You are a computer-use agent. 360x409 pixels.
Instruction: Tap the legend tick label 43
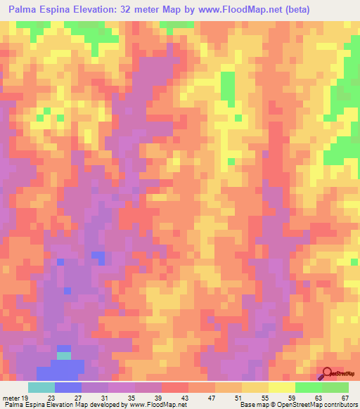coord(184,397)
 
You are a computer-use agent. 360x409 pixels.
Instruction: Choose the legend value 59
coord(291,397)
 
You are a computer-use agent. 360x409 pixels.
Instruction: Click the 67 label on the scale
coord(345,397)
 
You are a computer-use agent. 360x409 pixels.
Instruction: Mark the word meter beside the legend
coord(11,397)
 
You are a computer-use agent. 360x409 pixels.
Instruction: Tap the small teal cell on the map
coord(64,356)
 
